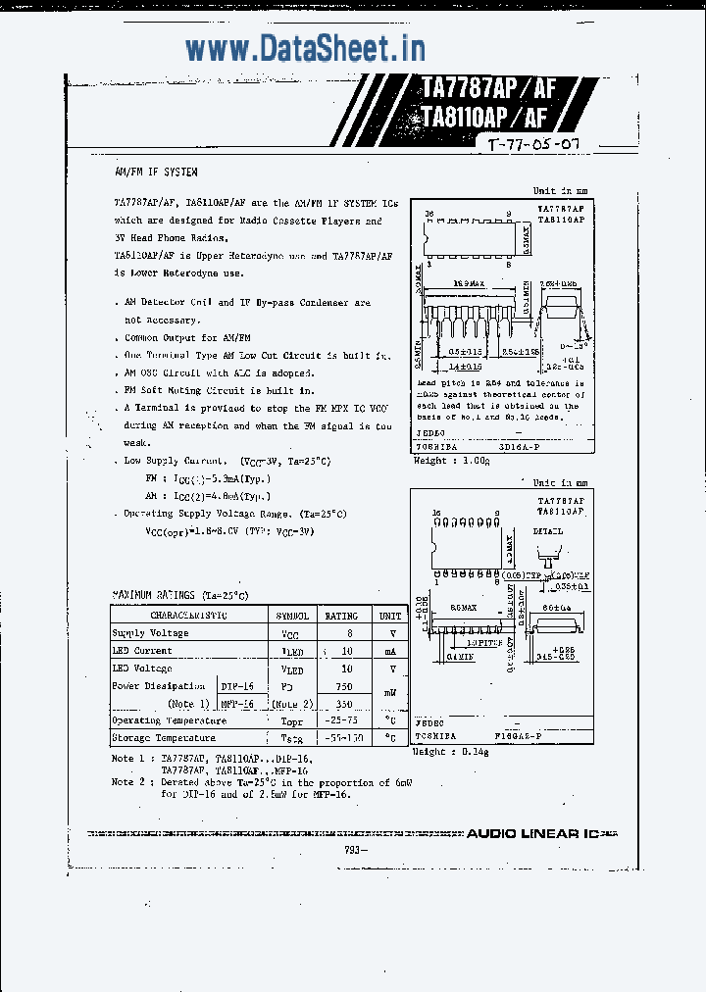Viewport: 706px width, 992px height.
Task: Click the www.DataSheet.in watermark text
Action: (x=305, y=47)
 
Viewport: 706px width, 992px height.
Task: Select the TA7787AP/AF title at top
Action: (x=488, y=88)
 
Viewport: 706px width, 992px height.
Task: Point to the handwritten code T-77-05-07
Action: (x=533, y=144)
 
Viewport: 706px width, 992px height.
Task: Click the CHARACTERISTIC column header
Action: (x=188, y=616)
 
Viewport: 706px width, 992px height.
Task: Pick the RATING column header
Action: (x=342, y=616)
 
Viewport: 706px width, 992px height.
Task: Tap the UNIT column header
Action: (x=390, y=616)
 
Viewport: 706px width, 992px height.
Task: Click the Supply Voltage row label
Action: (x=150, y=633)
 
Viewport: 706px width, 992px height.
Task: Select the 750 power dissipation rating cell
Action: (x=342, y=686)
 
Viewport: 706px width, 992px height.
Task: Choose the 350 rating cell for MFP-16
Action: (x=342, y=704)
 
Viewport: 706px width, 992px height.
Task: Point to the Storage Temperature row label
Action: (x=163, y=738)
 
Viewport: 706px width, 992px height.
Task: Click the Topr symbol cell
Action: (x=291, y=720)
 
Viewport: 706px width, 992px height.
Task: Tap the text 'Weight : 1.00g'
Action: (x=451, y=460)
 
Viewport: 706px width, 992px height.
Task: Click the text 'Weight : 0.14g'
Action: (x=451, y=752)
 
